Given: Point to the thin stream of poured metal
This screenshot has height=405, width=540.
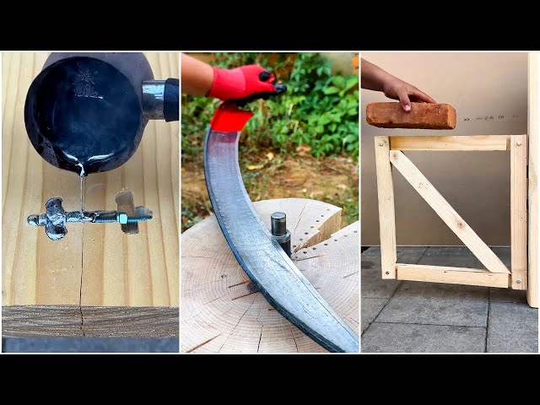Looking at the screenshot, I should pos(82,190).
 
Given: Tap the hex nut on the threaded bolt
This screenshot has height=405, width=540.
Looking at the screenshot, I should pos(122,219).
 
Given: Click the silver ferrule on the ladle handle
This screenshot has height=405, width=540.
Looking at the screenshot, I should pos(153,98).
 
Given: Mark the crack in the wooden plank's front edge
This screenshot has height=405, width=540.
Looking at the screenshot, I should pos(82,321).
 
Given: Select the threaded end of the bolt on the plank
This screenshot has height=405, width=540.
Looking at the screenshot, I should pos(141,217).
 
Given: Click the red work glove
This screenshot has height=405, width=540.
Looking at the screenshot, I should pos(240,84).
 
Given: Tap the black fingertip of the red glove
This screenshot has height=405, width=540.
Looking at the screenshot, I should pos(278,88).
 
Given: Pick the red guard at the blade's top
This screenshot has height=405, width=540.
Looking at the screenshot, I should pos(230,119).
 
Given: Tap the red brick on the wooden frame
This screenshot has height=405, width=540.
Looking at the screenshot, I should pos(410,116).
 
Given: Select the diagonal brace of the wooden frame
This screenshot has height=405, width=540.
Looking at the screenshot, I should pos(448,211).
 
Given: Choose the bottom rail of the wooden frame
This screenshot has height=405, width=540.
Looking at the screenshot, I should pos(451,275).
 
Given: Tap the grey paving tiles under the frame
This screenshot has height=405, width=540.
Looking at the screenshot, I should pos(439,321).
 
